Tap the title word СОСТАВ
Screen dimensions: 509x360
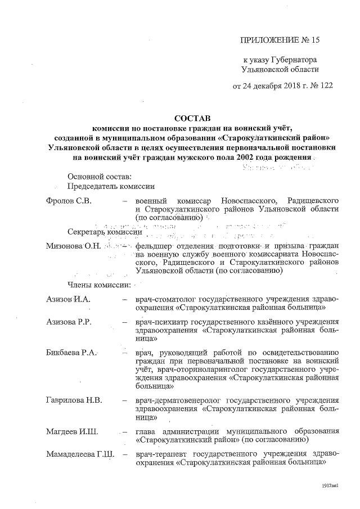(192, 118)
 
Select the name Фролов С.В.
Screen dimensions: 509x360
(69, 201)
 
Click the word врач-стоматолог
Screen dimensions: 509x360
(166, 299)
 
